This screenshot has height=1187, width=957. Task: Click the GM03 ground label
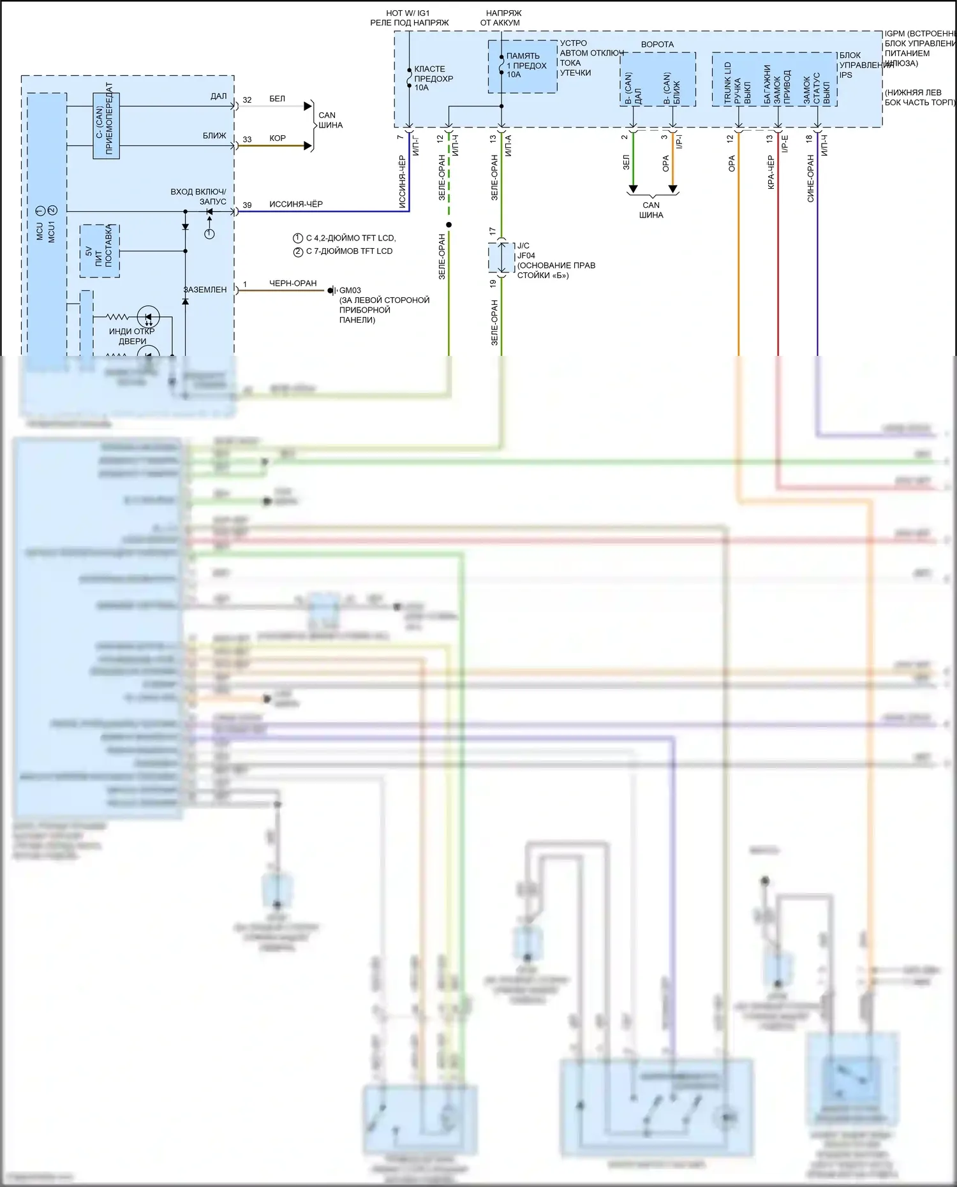[350, 290]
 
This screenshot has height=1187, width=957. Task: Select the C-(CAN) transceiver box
[106, 126]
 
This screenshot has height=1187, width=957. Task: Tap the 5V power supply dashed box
[100, 251]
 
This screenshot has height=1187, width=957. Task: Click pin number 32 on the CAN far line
[247, 100]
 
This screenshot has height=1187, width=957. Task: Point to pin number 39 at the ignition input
[247, 205]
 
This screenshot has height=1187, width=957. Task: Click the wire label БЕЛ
[278, 99]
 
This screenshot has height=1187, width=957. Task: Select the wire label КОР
[278, 138]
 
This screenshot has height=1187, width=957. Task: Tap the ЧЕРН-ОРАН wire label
[293, 283]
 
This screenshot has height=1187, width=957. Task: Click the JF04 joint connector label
[526, 256]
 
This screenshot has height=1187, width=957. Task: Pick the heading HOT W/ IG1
[408, 13]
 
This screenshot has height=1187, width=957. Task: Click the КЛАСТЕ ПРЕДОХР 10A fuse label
[433, 78]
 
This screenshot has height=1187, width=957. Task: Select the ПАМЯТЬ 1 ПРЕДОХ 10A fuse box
[523, 66]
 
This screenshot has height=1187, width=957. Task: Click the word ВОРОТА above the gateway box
[657, 45]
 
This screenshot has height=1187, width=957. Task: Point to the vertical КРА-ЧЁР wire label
[771, 172]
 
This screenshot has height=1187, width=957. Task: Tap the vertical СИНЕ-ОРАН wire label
[810, 179]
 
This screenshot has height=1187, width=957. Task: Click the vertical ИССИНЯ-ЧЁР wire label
[402, 182]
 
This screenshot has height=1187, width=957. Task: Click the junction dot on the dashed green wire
[449, 225]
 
